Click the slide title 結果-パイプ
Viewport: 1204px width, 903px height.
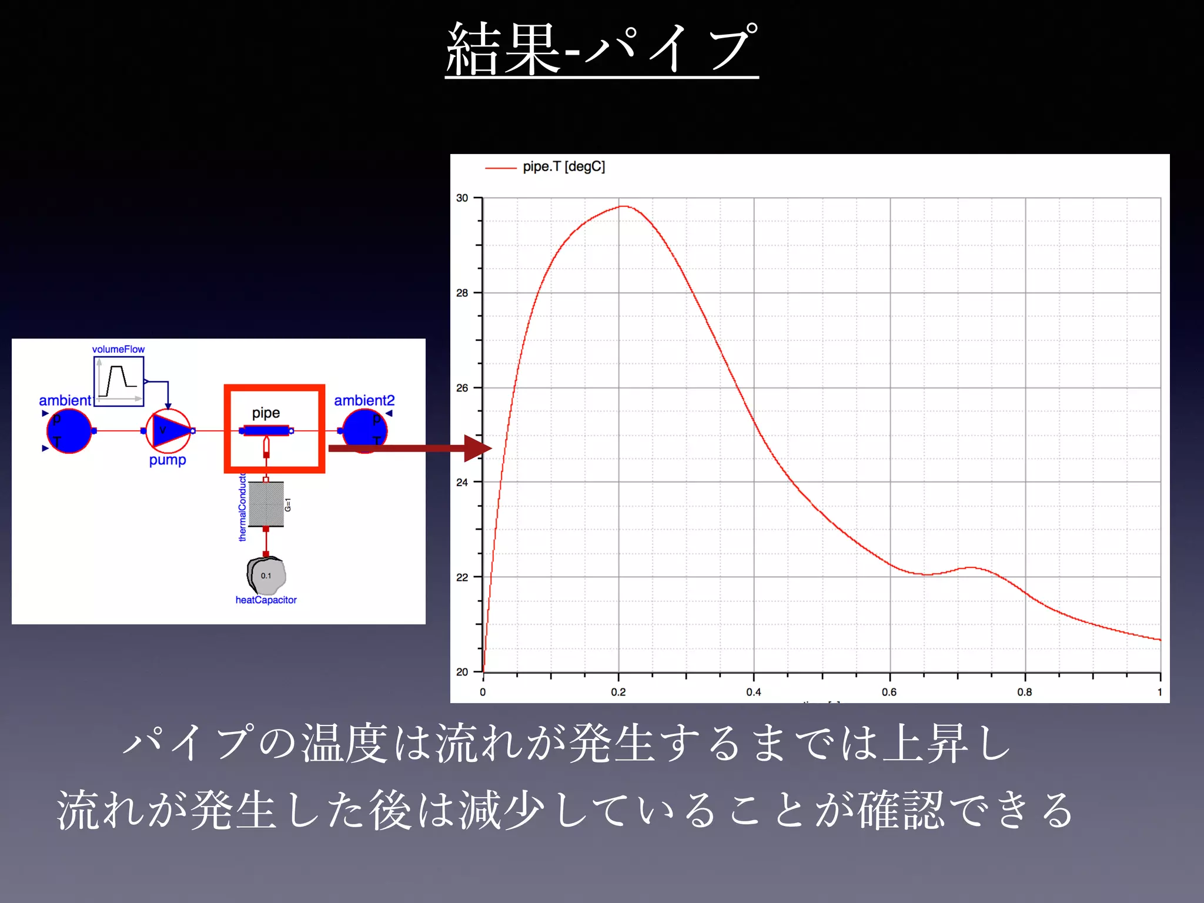coord(601,49)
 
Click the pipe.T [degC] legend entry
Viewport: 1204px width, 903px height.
coord(563,167)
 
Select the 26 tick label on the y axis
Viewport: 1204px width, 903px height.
coord(463,388)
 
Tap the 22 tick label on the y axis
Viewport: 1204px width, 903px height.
coord(463,577)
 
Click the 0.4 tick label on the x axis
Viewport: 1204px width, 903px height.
coord(754,692)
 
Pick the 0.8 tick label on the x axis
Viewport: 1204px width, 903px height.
coord(1025,692)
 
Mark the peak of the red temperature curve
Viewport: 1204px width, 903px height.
coord(623,206)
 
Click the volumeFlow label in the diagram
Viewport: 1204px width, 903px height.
coord(118,349)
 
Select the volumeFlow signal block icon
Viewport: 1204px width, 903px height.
coord(119,381)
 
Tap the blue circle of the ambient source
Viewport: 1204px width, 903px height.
coord(69,431)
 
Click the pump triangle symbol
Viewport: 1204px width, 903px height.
coord(169,431)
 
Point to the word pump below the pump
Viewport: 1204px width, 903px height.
coord(168,460)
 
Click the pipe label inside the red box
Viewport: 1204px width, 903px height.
coord(266,413)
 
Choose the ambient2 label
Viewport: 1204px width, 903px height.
coord(364,400)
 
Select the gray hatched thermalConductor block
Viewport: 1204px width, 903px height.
coord(266,504)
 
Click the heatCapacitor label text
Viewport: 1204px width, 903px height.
coord(266,600)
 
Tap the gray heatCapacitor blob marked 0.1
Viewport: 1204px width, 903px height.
coord(266,576)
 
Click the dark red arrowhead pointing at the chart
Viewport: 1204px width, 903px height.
coord(477,449)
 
